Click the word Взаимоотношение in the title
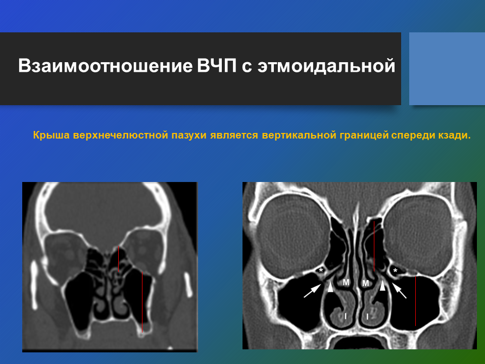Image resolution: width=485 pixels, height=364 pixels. point(106,66)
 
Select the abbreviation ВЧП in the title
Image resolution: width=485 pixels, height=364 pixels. point(217,66)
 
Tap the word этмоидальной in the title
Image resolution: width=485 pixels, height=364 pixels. point(326,66)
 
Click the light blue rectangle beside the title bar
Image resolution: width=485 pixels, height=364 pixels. point(447,69)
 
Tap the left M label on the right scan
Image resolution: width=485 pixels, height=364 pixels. point(346,282)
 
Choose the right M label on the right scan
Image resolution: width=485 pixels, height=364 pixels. point(366,283)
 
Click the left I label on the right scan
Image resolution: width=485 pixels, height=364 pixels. point(346,316)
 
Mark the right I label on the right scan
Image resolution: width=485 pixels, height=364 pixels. point(367,316)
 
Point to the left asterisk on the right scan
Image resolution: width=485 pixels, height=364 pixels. point(321,270)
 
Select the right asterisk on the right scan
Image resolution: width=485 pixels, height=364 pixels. point(395,271)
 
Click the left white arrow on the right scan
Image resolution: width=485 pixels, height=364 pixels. point(312,291)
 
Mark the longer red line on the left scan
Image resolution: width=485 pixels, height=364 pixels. point(142,302)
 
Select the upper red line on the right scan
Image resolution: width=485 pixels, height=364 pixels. point(374,246)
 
